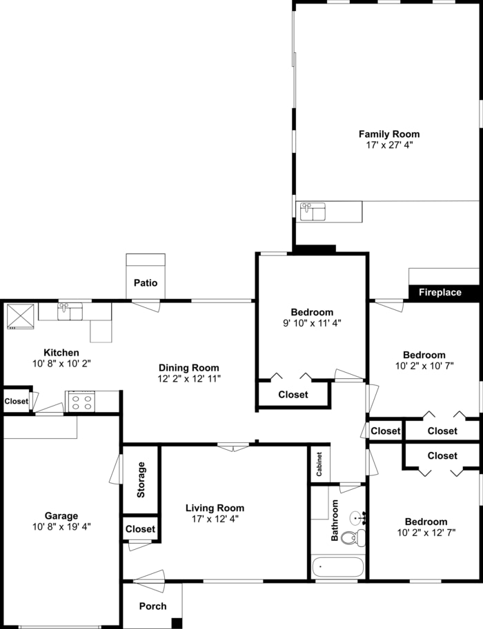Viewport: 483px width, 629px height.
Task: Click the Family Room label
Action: click(x=388, y=134)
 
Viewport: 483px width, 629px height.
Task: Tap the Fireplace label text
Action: click(x=440, y=293)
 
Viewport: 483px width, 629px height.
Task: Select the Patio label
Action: click(x=146, y=283)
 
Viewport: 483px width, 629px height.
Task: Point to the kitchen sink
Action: click(x=70, y=311)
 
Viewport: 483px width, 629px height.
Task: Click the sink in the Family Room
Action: click(x=313, y=211)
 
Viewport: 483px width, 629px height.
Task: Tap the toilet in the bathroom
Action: click(x=352, y=538)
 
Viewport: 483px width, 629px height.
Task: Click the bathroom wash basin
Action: click(x=357, y=517)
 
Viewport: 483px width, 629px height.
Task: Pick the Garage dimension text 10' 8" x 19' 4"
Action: click(x=61, y=526)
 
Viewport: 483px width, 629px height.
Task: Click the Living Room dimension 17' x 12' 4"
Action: click(x=215, y=519)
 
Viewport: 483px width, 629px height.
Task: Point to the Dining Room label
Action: click(x=188, y=368)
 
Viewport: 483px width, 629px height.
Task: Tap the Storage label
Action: click(x=141, y=480)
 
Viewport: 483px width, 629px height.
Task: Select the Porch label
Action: click(x=152, y=606)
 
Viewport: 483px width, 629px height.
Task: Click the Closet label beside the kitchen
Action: click(x=17, y=402)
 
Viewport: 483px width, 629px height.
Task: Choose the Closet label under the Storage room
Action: click(x=141, y=529)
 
